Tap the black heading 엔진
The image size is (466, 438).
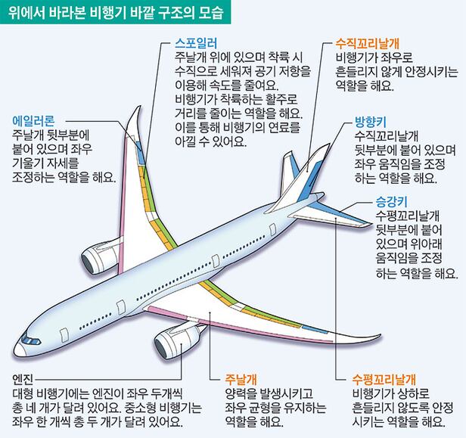[x=23, y=377]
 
